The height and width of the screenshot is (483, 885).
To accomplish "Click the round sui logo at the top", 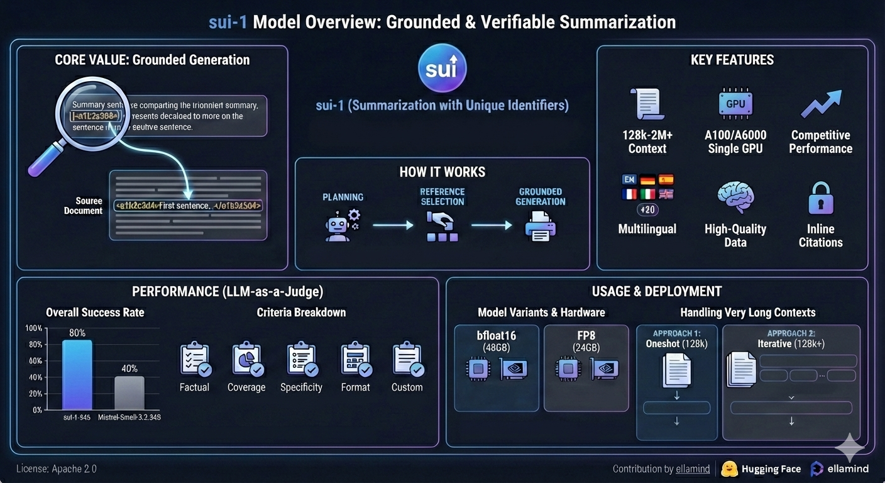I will coord(442,69).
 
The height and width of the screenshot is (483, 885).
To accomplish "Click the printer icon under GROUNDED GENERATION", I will coord(540,226).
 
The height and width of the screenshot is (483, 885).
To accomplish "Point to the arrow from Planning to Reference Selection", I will coord(393,225).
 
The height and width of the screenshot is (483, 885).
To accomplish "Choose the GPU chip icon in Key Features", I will coord(735,103).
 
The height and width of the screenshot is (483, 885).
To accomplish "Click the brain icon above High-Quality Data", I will coord(735,197).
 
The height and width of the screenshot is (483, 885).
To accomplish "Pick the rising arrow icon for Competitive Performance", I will coord(820,104).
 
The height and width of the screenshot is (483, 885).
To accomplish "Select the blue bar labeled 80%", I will coord(77,375).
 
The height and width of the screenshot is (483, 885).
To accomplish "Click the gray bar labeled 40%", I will coord(129,393).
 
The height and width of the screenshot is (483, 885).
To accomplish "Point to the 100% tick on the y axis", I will coord(34,329).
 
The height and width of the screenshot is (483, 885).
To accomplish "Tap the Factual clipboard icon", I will coord(195,360).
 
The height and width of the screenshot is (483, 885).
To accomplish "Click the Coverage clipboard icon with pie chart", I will coord(246,360).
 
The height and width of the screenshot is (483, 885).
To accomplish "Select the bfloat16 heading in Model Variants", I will coord(496,336).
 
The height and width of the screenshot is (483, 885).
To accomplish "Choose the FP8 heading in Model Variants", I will coord(586,336).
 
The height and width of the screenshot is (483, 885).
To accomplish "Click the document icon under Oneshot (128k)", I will coord(677,370).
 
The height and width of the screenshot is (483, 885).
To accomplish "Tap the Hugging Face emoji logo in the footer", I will coord(729,469).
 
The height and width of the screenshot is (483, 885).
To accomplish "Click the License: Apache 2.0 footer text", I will coord(57,469).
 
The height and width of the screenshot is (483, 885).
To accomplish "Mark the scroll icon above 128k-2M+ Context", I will coord(647,104).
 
